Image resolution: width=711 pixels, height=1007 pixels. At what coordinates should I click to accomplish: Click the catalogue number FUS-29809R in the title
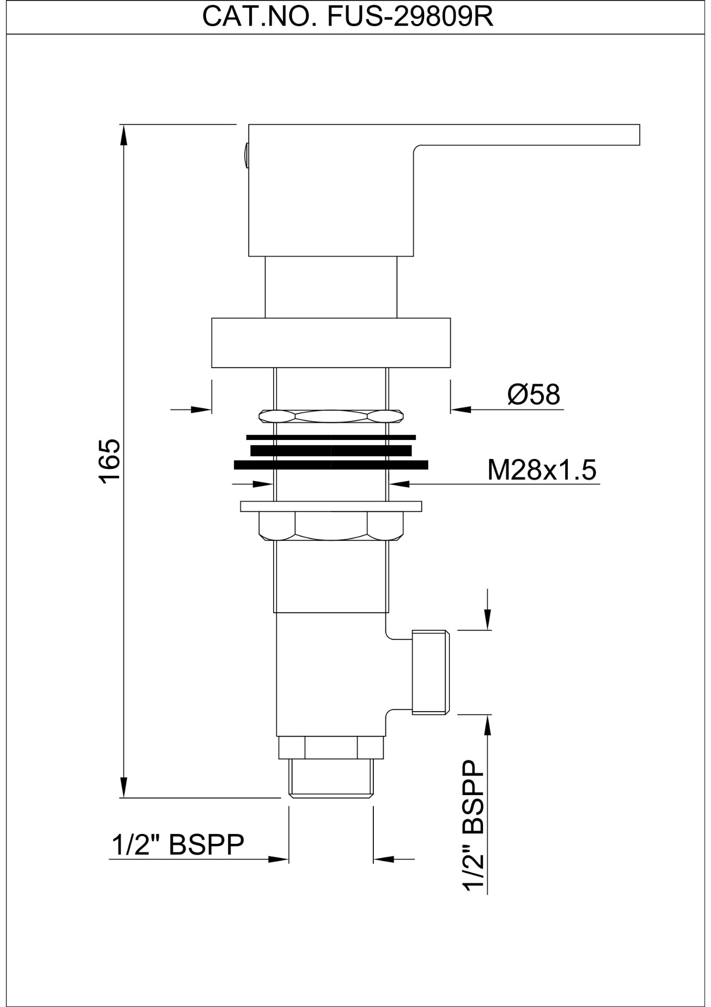[x=410, y=17]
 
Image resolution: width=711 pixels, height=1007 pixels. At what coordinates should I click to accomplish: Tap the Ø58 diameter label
[x=534, y=394]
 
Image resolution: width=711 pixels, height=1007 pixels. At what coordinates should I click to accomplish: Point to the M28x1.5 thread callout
[x=542, y=470]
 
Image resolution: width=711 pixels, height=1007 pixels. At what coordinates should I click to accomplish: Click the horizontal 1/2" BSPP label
[x=178, y=845]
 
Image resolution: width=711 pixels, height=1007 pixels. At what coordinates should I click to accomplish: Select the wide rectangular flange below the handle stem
[x=331, y=342]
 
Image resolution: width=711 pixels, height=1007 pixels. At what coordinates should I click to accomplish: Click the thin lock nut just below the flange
[x=331, y=416]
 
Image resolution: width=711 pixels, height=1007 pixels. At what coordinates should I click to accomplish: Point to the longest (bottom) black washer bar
[x=331, y=465]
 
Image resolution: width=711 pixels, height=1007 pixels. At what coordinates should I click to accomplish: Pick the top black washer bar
[x=331, y=437]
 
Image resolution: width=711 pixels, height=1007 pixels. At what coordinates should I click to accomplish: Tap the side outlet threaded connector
[x=430, y=672]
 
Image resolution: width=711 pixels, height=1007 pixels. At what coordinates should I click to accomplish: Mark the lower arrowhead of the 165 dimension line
[x=124, y=787]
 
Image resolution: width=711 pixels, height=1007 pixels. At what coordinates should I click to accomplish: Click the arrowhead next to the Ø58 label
[x=461, y=409]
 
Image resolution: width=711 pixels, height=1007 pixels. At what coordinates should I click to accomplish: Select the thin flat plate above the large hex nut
[x=331, y=507]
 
